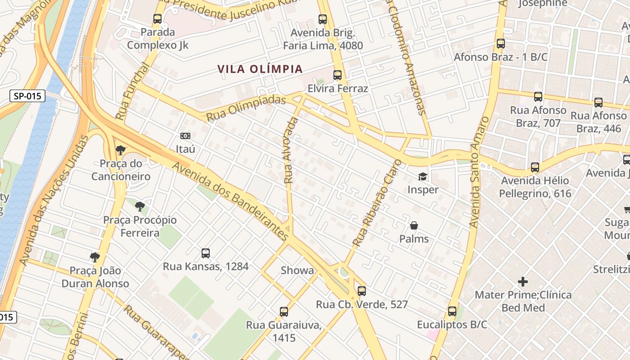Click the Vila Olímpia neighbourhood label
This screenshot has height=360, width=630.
click(260, 69)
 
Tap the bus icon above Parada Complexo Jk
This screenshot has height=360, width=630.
click(157, 19)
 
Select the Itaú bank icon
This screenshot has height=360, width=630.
click(185, 136)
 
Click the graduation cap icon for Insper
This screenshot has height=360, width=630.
click(423, 176)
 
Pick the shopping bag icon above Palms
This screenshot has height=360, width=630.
click(414, 225)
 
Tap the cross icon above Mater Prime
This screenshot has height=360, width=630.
click(523, 282)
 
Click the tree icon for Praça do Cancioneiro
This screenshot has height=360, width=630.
click(120, 150)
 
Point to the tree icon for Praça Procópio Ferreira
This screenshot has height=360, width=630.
click(140, 207)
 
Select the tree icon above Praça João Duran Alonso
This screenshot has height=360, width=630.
click(94, 257)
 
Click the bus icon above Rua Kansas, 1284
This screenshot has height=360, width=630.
click(206, 253)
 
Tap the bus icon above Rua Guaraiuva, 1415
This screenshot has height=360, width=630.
click(283, 311)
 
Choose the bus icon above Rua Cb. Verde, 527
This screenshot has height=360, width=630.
click(362, 291)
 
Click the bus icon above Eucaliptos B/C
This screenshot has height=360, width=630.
click(452, 311)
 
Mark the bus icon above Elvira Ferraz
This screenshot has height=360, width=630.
click(337, 75)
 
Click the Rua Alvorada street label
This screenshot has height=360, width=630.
click(291, 150)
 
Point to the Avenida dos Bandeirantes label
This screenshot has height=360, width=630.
click(231, 200)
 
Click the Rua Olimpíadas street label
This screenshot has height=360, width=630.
click(246, 108)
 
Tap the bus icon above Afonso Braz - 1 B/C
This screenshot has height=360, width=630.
click(501, 44)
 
